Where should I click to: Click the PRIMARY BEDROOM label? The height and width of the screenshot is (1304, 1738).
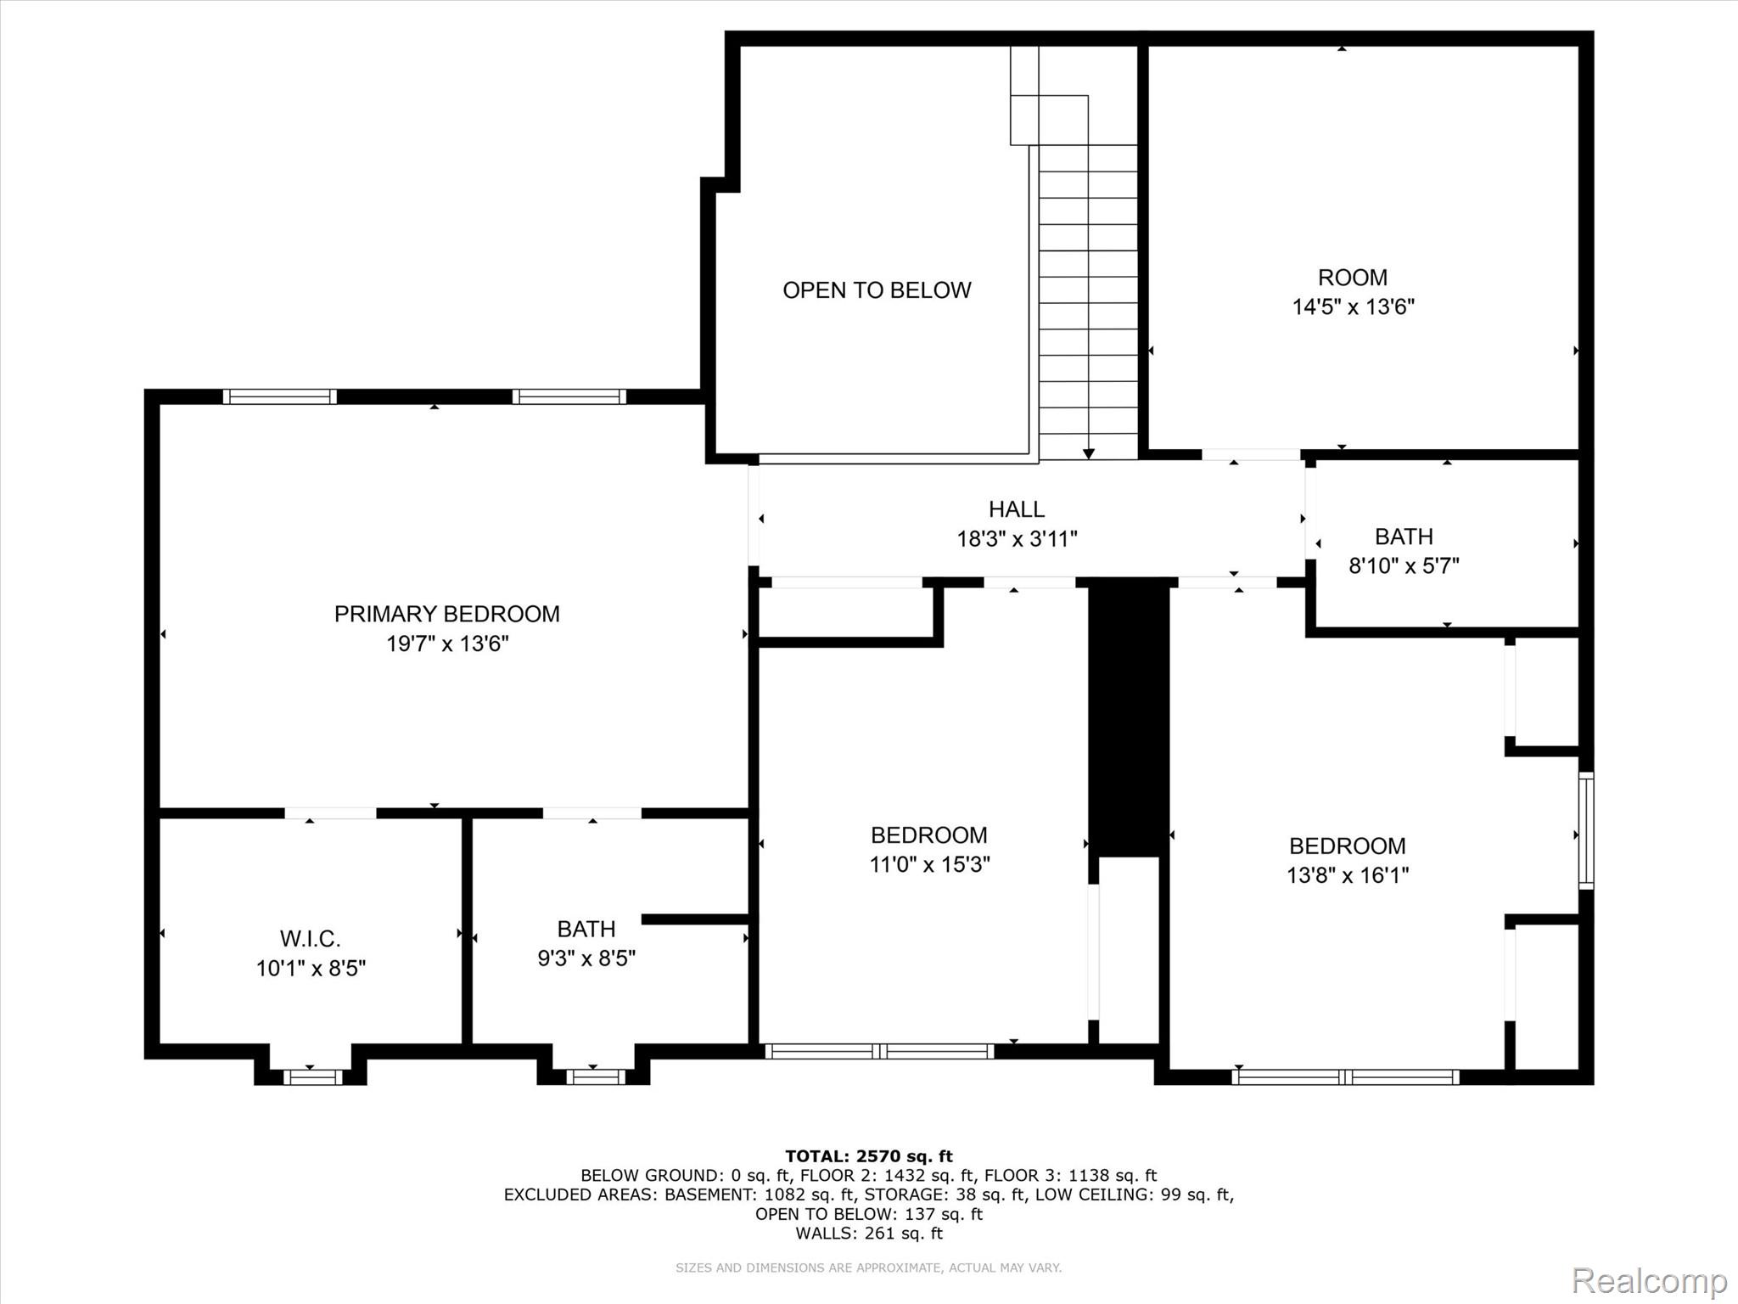tap(446, 614)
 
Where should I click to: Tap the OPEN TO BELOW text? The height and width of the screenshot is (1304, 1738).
tap(877, 290)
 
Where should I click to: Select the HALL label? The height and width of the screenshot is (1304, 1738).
tap(1017, 509)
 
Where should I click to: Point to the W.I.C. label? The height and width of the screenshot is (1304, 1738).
tap(311, 939)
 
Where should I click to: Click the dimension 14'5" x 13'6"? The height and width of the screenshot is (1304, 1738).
tap(1353, 306)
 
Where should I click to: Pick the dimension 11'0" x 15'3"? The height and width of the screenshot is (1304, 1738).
tap(929, 864)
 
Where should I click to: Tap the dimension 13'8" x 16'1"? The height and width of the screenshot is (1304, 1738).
tap(1348, 875)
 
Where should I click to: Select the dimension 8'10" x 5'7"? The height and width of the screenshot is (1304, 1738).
tap(1404, 565)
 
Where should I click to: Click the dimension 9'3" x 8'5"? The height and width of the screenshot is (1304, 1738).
tap(586, 958)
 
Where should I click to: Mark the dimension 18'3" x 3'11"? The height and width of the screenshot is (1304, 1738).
tap(1018, 538)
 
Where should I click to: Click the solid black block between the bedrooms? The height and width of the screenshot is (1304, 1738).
tap(1129, 718)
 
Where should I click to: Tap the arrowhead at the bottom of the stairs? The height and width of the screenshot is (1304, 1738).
tap(1089, 454)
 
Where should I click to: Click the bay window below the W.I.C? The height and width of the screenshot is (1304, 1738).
tap(312, 1077)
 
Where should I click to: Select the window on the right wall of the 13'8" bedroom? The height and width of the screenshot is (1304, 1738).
tap(1586, 830)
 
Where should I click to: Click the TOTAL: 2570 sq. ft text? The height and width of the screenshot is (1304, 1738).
tap(869, 1156)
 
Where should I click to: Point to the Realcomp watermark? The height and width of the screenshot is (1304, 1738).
tap(1650, 1279)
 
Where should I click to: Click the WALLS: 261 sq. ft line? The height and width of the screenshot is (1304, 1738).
tap(869, 1233)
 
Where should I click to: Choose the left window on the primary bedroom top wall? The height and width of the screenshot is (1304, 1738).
tap(280, 396)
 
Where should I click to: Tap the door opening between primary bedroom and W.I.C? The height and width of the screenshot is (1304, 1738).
tap(330, 813)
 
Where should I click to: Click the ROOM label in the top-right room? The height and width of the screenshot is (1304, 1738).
tap(1353, 278)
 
